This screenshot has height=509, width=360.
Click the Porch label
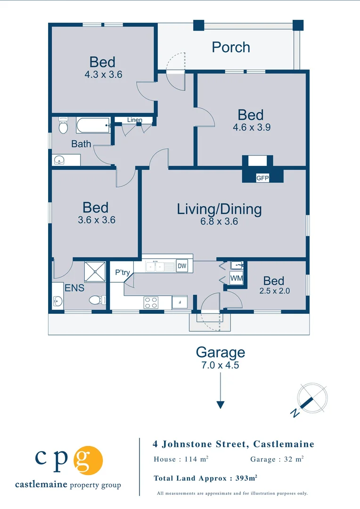231,48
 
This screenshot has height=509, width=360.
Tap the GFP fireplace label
262,178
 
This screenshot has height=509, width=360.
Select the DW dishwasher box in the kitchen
182,266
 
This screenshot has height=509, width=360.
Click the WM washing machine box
237,278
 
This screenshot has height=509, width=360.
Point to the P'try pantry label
123,272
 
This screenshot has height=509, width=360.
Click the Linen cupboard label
134,120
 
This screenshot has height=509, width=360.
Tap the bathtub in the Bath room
93,125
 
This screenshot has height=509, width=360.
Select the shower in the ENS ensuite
95,272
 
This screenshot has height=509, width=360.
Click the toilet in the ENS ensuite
98,300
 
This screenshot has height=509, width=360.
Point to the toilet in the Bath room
63,125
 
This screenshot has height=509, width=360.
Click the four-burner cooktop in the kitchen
151,303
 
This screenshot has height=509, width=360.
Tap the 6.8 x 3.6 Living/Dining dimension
219,222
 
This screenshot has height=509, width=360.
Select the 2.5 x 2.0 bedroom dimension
275,291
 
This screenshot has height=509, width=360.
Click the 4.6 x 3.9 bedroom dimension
252,127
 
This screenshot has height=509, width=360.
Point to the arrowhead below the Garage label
221,405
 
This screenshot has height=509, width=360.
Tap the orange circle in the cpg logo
88,460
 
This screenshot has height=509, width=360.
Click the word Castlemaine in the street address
284,444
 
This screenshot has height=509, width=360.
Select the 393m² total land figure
246,478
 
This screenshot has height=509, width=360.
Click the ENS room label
74,288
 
